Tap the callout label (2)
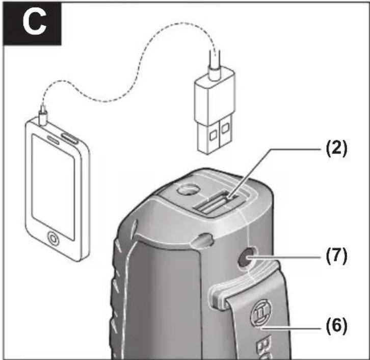click(x=336, y=149)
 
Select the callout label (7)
click(x=336, y=256)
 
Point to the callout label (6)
click(x=336, y=326)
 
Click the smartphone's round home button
click(x=54, y=239)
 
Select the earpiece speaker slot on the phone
click(x=54, y=140)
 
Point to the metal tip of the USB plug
click(x=214, y=136)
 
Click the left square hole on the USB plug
click(x=214, y=135)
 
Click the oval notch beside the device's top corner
click(x=203, y=240)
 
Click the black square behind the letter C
click(x=32, y=23)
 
